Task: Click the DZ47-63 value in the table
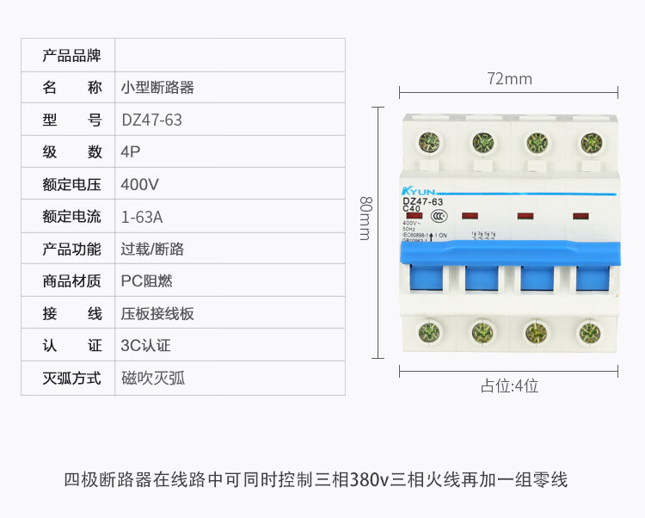coord(152,120)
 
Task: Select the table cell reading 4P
coord(131,152)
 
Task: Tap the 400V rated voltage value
coord(140,184)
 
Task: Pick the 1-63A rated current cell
coord(143,217)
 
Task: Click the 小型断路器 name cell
coord(157,88)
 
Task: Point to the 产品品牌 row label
coord(72,56)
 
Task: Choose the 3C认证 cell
coord(146,346)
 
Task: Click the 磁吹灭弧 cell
coord(153,378)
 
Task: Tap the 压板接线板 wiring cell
coord(157,313)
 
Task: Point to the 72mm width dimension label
coord(509,79)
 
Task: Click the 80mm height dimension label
coord(365,219)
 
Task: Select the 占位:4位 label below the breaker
coord(509,386)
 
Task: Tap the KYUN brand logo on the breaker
coord(419,191)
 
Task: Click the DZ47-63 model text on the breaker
coord(423,201)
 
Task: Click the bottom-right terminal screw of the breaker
coord(589,333)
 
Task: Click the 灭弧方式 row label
coord(72,378)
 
